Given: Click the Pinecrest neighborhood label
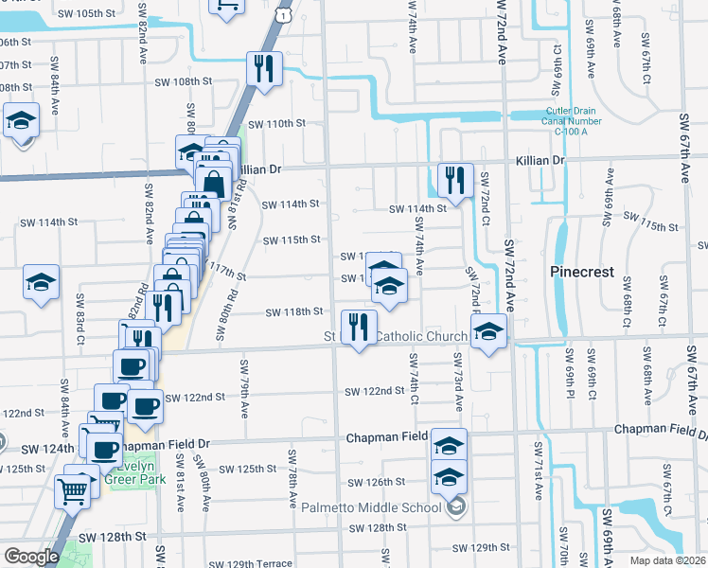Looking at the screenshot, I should (x=582, y=272).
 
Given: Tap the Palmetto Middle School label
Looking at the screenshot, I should (x=371, y=507).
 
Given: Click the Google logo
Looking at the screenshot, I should (x=31, y=557).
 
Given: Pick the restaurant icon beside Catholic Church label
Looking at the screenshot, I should (x=358, y=327).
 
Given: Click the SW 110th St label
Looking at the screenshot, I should (x=277, y=124).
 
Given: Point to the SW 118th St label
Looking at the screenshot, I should (x=294, y=311).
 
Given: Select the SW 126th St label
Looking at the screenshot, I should (x=375, y=482).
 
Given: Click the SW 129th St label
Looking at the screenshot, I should (x=481, y=548).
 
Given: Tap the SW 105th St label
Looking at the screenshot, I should (x=87, y=14).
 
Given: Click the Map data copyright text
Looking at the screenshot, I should (x=665, y=558).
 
